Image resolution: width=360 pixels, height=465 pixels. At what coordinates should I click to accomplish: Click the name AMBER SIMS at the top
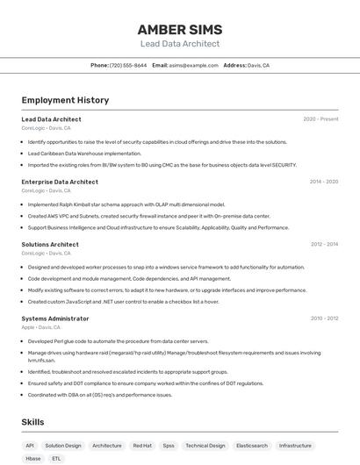[x=180, y=29]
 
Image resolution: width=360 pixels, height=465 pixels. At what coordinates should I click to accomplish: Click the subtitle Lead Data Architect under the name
[x=180, y=44]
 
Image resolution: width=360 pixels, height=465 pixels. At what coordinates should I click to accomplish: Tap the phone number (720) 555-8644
[x=128, y=65]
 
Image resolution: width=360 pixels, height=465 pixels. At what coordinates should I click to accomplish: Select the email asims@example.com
[x=193, y=65]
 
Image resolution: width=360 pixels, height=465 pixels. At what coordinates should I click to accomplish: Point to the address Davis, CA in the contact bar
[x=258, y=65]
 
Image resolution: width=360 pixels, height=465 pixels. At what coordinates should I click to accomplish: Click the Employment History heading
[x=65, y=100]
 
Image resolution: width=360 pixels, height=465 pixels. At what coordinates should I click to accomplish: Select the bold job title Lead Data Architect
[x=51, y=119]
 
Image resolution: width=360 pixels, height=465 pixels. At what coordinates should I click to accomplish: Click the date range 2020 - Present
[x=320, y=119]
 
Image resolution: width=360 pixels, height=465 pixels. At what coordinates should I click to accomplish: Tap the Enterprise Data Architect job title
[x=60, y=182]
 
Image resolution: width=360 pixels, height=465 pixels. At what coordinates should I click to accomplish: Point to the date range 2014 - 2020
[x=324, y=182]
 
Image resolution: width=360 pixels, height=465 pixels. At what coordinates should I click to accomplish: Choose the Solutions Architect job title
[x=50, y=245]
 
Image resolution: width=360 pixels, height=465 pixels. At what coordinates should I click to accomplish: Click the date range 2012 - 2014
[x=324, y=245]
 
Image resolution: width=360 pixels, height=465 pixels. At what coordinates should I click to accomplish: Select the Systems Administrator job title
[x=55, y=318]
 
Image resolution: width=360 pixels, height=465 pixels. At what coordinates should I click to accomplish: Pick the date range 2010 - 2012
[x=324, y=318]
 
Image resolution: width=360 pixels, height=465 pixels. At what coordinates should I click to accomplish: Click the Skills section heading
[x=32, y=422]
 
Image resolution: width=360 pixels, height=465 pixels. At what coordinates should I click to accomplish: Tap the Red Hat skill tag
[x=142, y=446]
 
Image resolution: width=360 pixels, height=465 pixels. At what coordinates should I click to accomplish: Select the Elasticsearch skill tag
[x=252, y=446]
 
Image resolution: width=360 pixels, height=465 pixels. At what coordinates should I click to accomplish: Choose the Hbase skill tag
[x=33, y=459]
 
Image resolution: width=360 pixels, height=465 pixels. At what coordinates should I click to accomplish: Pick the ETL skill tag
[x=57, y=459]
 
